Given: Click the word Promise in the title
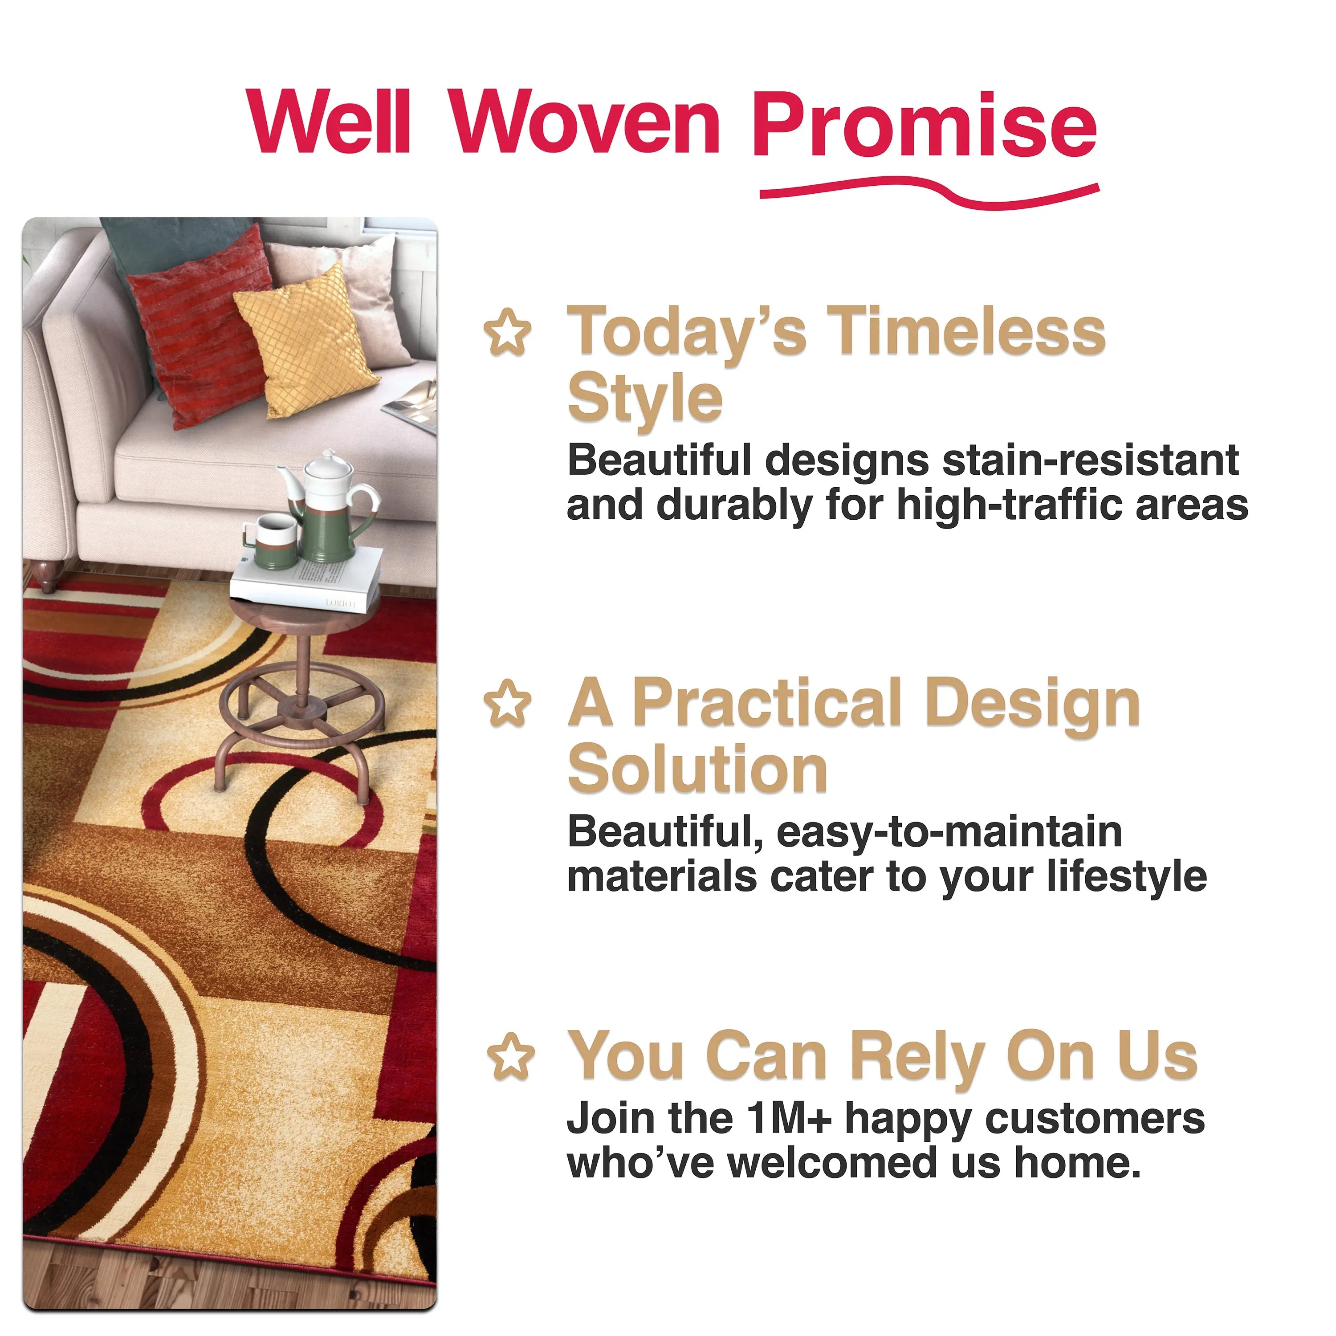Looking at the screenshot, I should pos(924,125).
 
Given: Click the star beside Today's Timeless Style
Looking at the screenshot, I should pos(508,333).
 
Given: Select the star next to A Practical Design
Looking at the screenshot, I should pos(508,703).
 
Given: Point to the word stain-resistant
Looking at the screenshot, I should pos(1091,460).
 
